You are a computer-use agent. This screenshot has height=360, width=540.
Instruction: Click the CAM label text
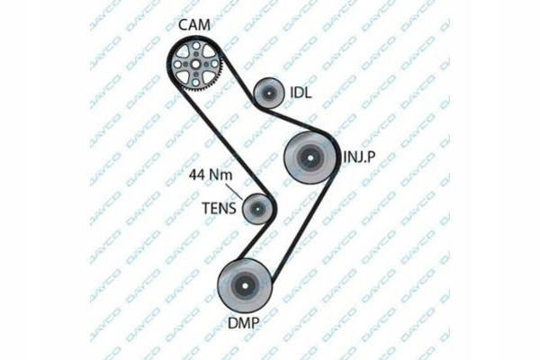194,25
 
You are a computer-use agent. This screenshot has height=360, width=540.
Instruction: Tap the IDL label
301,93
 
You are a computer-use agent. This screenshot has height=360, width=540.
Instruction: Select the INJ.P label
359,157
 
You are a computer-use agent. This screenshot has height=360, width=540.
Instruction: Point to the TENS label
219,209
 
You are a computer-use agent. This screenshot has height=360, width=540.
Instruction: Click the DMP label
244,323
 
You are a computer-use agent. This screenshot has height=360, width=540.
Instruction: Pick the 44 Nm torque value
211,175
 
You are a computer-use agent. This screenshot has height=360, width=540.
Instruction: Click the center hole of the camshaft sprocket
195,65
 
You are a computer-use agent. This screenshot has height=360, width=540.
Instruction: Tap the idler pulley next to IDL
268,93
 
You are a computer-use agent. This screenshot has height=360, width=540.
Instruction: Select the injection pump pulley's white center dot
310,157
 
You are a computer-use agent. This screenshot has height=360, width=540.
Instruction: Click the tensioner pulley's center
257,208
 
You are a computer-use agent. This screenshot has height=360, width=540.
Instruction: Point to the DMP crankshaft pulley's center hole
245,285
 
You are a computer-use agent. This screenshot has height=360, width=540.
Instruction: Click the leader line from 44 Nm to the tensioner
235,191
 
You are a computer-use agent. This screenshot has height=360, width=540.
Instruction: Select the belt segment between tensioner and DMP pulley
254,241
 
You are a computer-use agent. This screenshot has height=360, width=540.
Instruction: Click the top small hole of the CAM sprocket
195,46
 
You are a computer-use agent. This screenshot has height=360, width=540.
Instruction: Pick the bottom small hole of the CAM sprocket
195,83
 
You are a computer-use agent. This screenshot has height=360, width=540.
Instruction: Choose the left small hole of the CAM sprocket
177,65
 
